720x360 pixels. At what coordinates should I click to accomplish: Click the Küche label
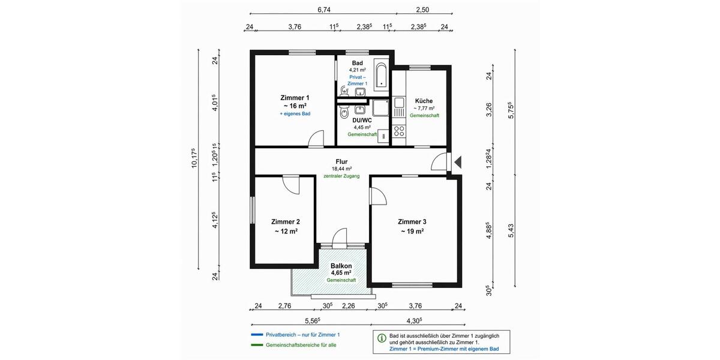pyautogui.click(x=424, y=101)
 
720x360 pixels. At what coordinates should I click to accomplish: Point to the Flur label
pyautogui.click(x=341, y=161)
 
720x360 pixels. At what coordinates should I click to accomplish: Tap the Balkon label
pyautogui.click(x=341, y=266)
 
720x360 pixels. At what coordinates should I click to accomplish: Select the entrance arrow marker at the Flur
pyautogui.click(x=458, y=162)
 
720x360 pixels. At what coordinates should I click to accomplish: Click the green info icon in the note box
pyautogui.click(x=382, y=338)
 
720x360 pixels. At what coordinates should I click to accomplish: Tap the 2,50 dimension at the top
pyautogui.click(x=422, y=10)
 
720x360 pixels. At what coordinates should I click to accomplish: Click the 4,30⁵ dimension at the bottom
pyautogui.click(x=413, y=320)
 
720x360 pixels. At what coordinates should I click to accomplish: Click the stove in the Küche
pyautogui.click(x=398, y=131)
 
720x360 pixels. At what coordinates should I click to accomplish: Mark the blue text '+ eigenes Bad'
pyautogui.click(x=295, y=113)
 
